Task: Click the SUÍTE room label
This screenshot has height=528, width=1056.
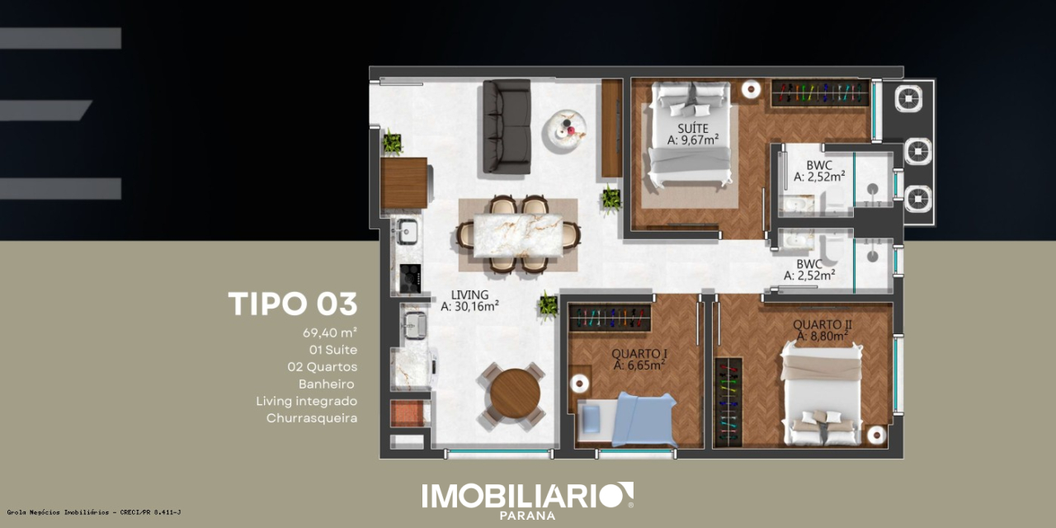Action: pyautogui.click(x=693, y=128)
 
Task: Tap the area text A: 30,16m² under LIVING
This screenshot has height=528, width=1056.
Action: pyautogui.click(x=469, y=306)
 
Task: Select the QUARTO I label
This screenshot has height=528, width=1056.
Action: pyautogui.click(x=639, y=354)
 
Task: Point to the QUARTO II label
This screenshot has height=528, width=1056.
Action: pyautogui.click(x=823, y=324)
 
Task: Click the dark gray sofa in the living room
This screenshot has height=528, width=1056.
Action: pyautogui.click(x=507, y=126)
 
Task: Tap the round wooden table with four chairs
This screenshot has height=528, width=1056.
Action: pyautogui.click(x=515, y=394)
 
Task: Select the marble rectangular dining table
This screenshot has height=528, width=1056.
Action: pyautogui.click(x=518, y=236)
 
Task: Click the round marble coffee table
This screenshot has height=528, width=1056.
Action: pyautogui.click(x=564, y=130)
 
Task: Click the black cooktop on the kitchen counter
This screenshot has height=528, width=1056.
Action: pyautogui.click(x=410, y=278)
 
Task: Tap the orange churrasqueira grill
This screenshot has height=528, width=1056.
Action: pyautogui.click(x=408, y=413)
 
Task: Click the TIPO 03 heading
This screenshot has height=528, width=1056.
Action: pyautogui.click(x=293, y=304)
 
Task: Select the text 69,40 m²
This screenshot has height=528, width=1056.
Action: pyautogui.click(x=329, y=332)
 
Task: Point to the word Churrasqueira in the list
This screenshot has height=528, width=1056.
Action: pyautogui.click(x=312, y=418)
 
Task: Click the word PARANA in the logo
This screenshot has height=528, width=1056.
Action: pyautogui.click(x=527, y=516)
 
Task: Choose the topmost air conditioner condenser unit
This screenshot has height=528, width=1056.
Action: pyautogui.click(x=908, y=98)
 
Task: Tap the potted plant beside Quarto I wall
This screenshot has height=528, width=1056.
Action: pyautogui.click(x=549, y=304)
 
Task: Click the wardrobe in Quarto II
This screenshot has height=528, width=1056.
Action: pyautogui.click(x=728, y=402)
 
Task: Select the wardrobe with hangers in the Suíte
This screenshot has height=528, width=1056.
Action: pyautogui.click(x=820, y=93)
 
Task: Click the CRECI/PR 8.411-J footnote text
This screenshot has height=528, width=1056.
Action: pyautogui.click(x=150, y=512)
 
